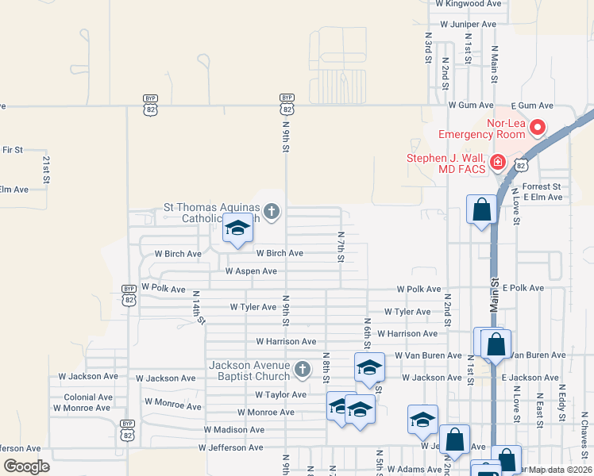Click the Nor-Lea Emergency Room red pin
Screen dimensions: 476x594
[x=538, y=126]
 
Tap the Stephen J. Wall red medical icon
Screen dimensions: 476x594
[x=498, y=163]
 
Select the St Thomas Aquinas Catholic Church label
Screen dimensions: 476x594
[x=211, y=213]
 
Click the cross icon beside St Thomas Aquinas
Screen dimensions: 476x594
[x=272, y=211]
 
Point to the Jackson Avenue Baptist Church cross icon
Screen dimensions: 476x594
[x=302, y=369]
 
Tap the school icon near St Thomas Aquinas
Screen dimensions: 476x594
[x=237, y=228]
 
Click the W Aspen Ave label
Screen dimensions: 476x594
[x=251, y=271]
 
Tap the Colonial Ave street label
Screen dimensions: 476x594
[x=89, y=397]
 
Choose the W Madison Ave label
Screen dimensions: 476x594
[x=233, y=429]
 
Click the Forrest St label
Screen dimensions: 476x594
[x=542, y=186]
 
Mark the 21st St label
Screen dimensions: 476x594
[x=46, y=169]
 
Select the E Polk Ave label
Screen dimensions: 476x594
[x=523, y=287]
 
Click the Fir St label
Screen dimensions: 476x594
[x=13, y=149]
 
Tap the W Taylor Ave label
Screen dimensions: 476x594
[x=280, y=394]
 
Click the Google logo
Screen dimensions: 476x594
[x=26, y=466]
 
